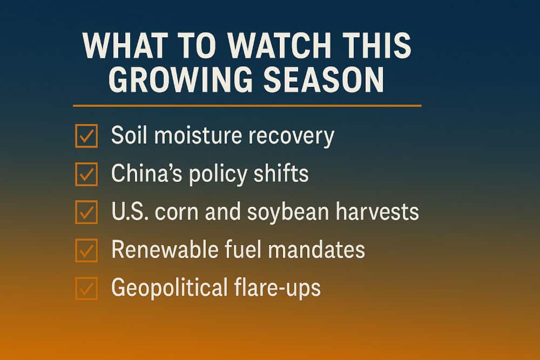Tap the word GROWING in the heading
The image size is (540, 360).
(x=180, y=79)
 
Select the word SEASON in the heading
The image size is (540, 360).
(x=323, y=79)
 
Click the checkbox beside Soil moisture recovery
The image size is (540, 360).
(x=86, y=136)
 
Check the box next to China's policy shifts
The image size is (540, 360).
(x=86, y=174)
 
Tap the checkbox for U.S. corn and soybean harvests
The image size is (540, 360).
(x=86, y=212)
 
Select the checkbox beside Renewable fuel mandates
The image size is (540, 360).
(x=86, y=250)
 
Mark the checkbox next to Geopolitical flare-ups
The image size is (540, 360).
(x=86, y=288)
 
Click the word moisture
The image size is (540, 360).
(x=198, y=135)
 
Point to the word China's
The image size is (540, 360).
(x=147, y=173)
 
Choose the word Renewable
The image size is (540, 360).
(x=165, y=249)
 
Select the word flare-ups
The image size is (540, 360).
(x=278, y=288)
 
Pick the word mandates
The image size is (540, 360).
(x=316, y=249)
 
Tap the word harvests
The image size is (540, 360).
(x=377, y=211)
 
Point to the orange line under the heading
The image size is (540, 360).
(x=247, y=106)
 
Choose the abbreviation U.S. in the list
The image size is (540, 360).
(x=130, y=211)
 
